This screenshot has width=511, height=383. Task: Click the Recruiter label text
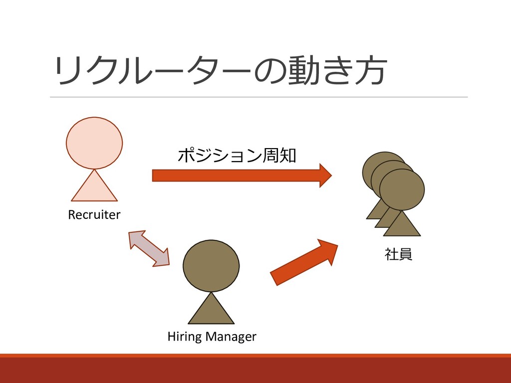tap(94, 215)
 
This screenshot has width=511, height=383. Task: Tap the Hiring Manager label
tap(212, 337)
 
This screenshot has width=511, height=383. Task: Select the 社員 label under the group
tap(398, 254)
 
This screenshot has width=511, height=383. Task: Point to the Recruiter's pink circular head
tap(94, 143)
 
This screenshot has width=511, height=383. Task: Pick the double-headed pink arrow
tap(149, 248)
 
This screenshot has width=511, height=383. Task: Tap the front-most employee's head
tap(402, 190)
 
